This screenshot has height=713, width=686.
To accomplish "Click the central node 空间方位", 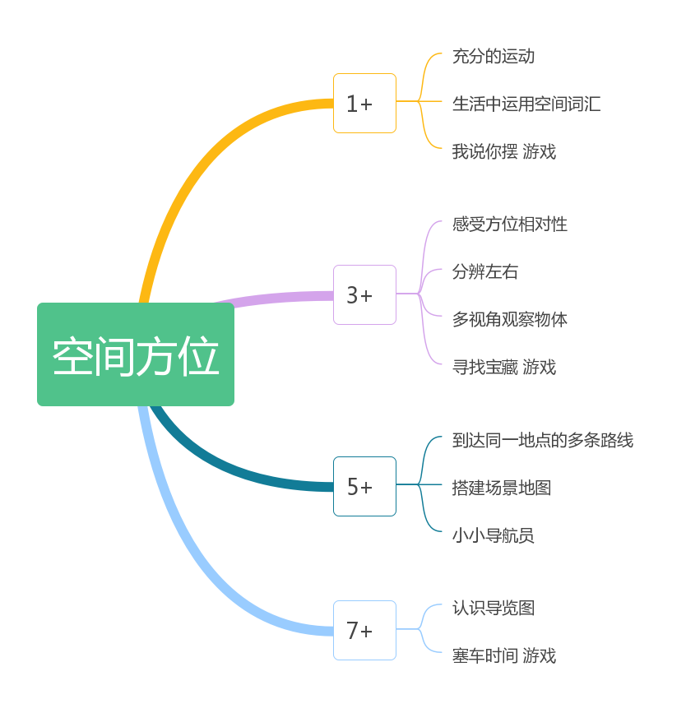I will tap(136, 354).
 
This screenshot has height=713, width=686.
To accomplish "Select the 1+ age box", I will tap(364, 104).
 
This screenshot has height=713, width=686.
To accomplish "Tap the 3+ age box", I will tap(364, 294).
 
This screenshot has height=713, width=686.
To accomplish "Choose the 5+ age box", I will tap(364, 487).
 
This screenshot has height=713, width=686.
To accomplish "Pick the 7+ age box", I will tap(364, 630).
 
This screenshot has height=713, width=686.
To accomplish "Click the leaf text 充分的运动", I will tap(494, 57).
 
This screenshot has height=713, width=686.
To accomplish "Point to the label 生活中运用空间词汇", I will tap(526, 104).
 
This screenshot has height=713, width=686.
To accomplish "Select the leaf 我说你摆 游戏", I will tap(503, 152).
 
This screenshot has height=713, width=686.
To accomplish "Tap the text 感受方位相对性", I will tap(510, 225).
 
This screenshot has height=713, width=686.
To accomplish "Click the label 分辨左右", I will tap(485, 272).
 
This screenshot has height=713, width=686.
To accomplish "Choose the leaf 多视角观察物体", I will tap(510, 320).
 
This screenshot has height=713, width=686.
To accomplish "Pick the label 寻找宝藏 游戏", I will tap(503, 368).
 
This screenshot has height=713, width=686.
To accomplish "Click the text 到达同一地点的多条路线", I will tap(543, 441).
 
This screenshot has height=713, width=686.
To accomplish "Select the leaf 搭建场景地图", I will tap(502, 488).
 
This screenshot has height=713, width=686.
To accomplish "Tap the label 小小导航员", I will tap(494, 536).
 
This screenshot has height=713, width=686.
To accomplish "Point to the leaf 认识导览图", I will tap(494, 609).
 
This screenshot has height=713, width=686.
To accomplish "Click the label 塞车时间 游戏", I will tap(503, 656).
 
